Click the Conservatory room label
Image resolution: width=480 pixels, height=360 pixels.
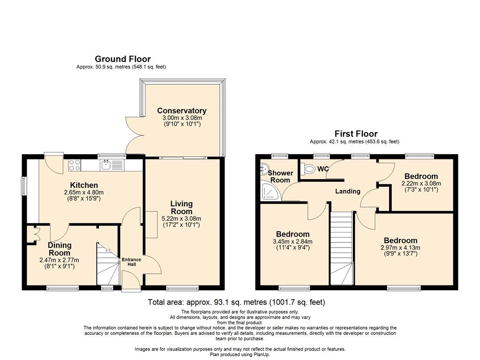tap(181, 111)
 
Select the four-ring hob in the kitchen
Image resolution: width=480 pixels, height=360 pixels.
tap(75, 165)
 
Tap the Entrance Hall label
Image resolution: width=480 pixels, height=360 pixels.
tap(131, 262)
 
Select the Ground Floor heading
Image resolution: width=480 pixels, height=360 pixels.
tap(122, 59)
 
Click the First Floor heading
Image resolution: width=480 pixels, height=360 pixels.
tap(356, 134)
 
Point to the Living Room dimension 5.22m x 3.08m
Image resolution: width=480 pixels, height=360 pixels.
tap(181, 218)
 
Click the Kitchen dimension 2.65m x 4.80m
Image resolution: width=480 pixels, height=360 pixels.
tap(84, 193)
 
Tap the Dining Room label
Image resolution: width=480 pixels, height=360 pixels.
tap(60, 249)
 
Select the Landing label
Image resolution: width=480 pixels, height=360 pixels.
tap(348, 191)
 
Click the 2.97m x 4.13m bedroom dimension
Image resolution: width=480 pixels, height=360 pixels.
tap(400, 247)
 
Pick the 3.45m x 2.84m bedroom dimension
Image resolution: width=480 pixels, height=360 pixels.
tap(292, 241)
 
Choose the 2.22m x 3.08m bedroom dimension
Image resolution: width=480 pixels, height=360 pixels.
tap(421, 184)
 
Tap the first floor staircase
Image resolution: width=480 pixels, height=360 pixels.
tap(341, 248)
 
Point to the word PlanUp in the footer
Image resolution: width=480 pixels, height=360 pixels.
tap(262, 354)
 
